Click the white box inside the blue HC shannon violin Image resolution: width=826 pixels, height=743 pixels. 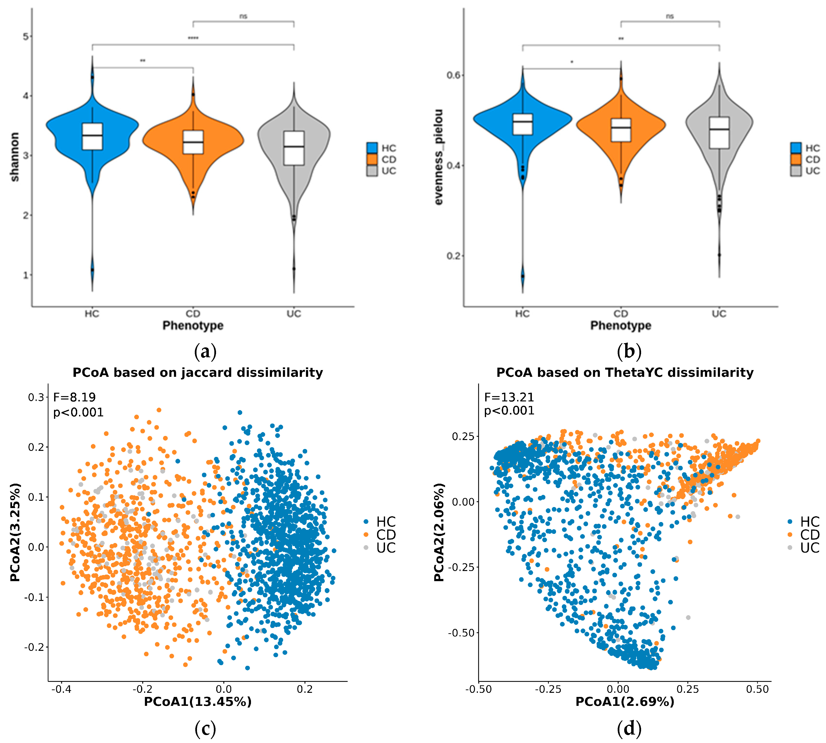click(92, 136)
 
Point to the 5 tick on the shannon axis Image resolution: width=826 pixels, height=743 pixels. click(26, 37)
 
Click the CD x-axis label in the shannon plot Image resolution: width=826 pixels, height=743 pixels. click(193, 314)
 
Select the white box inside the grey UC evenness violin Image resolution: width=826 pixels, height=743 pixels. click(719, 133)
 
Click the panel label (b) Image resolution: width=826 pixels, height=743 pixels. click(629, 351)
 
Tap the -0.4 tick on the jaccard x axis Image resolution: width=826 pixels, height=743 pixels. click(61, 689)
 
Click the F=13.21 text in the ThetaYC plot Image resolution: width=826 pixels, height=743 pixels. click(509, 397)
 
